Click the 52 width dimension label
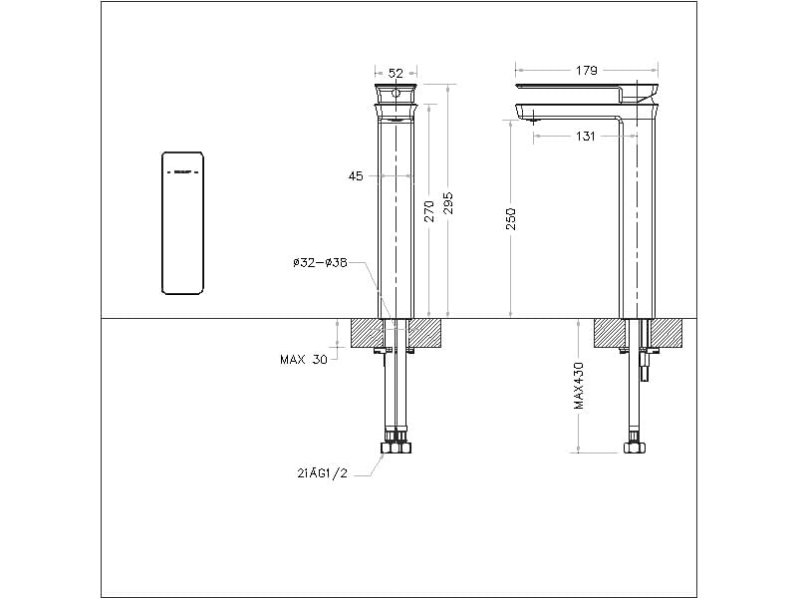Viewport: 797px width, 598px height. (x=396, y=73)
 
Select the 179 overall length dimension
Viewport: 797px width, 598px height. (x=587, y=71)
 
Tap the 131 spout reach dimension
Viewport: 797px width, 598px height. (x=586, y=137)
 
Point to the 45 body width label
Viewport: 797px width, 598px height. (x=356, y=176)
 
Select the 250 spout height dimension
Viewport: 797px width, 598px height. (x=511, y=220)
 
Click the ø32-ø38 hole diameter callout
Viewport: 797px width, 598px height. (x=320, y=263)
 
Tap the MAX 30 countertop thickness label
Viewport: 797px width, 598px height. (x=304, y=360)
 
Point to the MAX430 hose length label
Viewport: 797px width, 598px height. (x=579, y=388)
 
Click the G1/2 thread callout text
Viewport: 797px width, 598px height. (x=320, y=474)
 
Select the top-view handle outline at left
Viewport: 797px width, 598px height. (x=183, y=223)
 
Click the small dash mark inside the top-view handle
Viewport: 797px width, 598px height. (x=183, y=171)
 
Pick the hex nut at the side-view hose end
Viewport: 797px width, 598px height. (x=633, y=446)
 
